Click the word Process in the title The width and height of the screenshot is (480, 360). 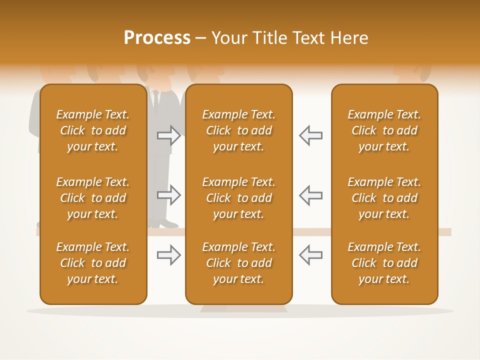pyautogui.click(x=157, y=37)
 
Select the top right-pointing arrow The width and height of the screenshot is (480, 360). pyautogui.click(x=168, y=135)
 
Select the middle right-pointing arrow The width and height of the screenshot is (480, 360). pyautogui.click(x=168, y=195)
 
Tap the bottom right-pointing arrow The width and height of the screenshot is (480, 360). pyautogui.click(x=168, y=255)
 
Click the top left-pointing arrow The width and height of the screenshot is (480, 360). pyautogui.click(x=311, y=135)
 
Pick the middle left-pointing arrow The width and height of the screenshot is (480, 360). pyautogui.click(x=311, y=195)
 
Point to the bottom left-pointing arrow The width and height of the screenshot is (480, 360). pyautogui.click(x=311, y=255)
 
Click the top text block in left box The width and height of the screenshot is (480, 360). pyautogui.click(x=93, y=130)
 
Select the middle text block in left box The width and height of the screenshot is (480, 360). pyautogui.click(x=93, y=198)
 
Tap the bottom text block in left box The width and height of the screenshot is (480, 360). pyautogui.click(x=93, y=263)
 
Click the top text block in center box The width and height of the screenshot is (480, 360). pyautogui.click(x=238, y=130)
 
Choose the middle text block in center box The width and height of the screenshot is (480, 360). pyautogui.click(x=238, y=198)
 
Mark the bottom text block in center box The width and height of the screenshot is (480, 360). pyautogui.click(x=238, y=263)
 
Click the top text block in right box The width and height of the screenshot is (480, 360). pyautogui.click(x=384, y=130)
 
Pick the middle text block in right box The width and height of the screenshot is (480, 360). pyautogui.click(x=384, y=198)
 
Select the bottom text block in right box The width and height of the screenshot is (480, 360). pyautogui.click(x=384, y=263)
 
